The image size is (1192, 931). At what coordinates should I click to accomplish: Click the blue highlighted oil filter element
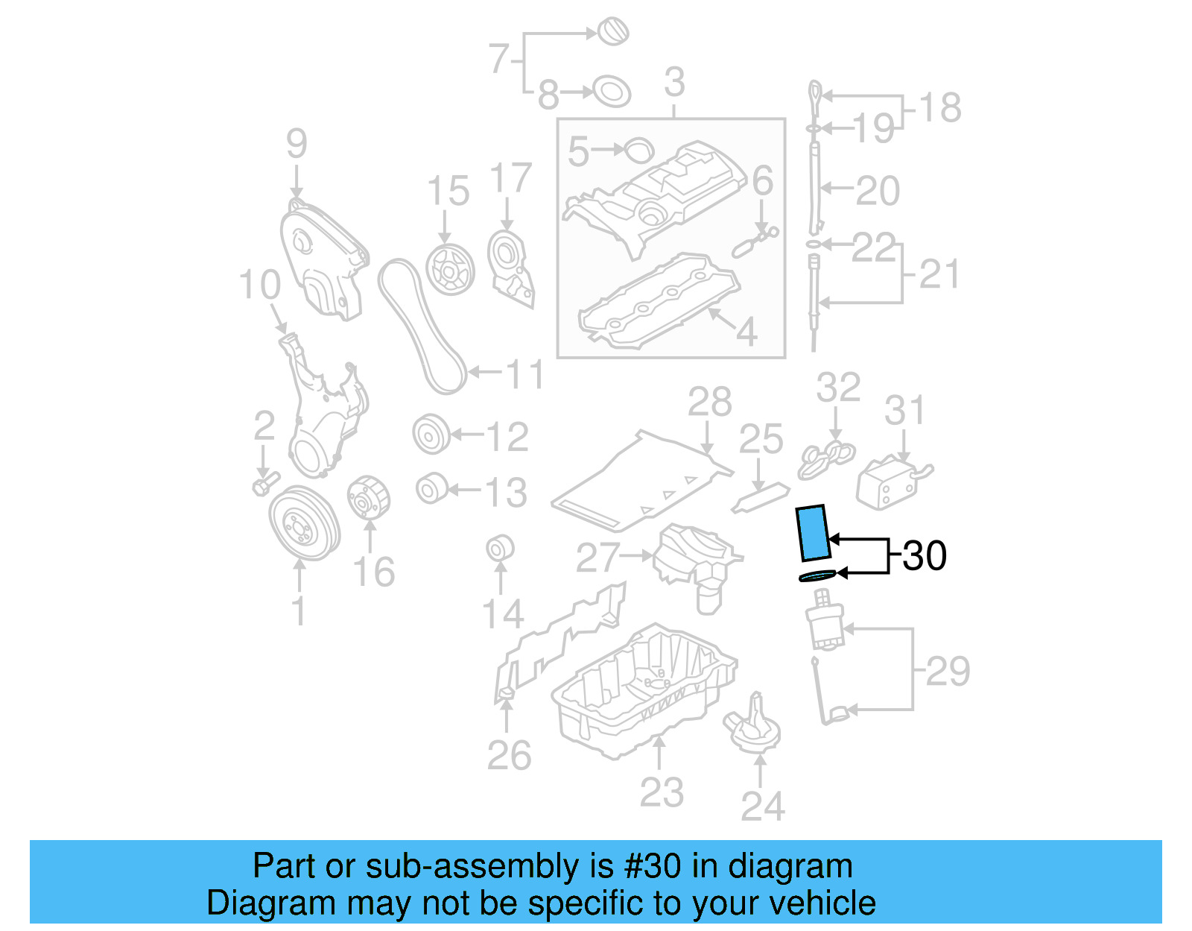(x=813, y=532)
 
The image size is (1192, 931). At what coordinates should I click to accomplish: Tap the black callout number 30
(x=925, y=556)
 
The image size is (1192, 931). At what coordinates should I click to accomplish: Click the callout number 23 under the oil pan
(x=661, y=792)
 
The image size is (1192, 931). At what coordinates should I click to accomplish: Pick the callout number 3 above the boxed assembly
(x=673, y=82)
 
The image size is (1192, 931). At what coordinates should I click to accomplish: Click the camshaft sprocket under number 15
(x=450, y=270)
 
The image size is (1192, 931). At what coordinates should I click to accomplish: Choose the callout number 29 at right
(x=948, y=671)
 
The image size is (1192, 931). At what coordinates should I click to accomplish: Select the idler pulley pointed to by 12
(x=431, y=435)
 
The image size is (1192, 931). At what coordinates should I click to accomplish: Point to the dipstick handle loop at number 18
(x=815, y=95)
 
